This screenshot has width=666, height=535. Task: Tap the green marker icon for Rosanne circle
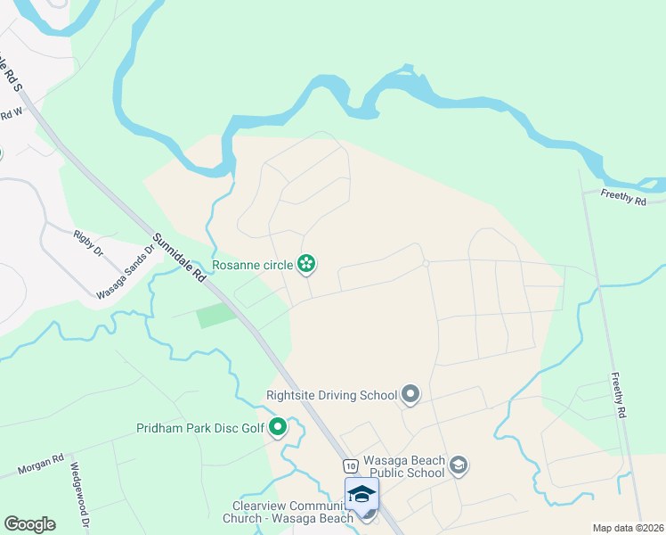pos(306,263)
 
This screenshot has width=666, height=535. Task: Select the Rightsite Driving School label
pos(331,393)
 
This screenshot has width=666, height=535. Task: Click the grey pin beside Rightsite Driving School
pos(410,393)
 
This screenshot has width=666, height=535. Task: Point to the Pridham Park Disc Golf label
pos(200,428)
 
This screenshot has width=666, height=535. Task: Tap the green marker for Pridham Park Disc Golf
pos(278,427)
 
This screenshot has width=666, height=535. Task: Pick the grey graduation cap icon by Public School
pos(458,465)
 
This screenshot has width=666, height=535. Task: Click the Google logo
pos(29,524)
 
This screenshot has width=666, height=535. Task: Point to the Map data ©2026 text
pos(628,528)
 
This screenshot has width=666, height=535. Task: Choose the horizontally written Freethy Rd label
pos(623,197)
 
